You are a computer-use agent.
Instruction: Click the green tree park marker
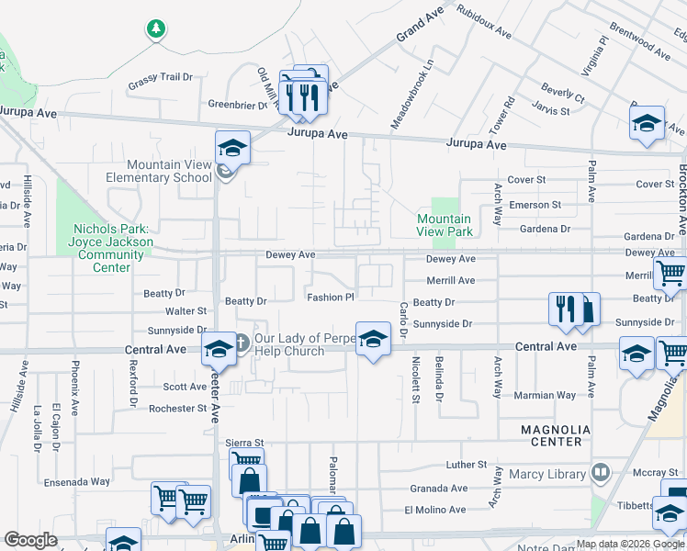[x=156, y=29]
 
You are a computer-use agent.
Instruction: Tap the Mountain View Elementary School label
[x=169, y=172]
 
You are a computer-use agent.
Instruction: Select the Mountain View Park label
[x=445, y=225]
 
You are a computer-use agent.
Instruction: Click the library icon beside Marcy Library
[x=601, y=473]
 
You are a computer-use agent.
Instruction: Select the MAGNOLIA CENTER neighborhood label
[x=551, y=435]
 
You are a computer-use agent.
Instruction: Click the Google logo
[x=30, y=540]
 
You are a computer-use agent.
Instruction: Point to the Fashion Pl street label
[x=331, y=297]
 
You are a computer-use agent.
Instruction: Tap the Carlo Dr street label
[x=401, y=321]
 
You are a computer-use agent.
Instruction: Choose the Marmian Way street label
[x=547, y=395]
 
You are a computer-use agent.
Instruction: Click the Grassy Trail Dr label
[x=162, y=79]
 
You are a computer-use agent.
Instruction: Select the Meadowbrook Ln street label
[x=424, y=95]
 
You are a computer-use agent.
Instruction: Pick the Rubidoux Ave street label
[x=484, y=25]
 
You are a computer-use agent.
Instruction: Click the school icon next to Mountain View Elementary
[x=232, y=148]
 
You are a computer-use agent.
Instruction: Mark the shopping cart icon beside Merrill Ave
[x=670, y=273]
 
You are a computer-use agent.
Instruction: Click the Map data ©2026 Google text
[x=631, y=544]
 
